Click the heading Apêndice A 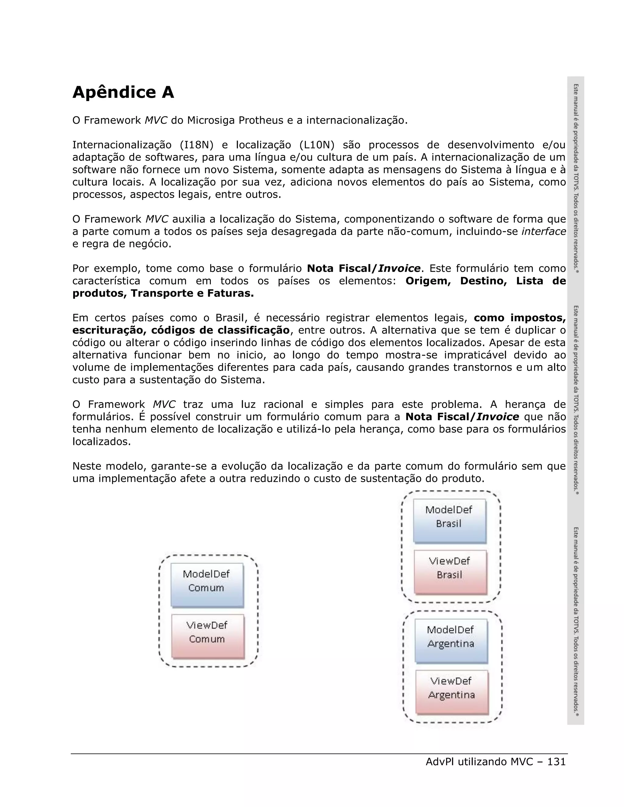click(x=123, y=92)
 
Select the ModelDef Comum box click(x=207, y=585)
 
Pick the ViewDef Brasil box click(x=450, y=572)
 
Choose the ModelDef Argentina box click(x=451, y=641)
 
